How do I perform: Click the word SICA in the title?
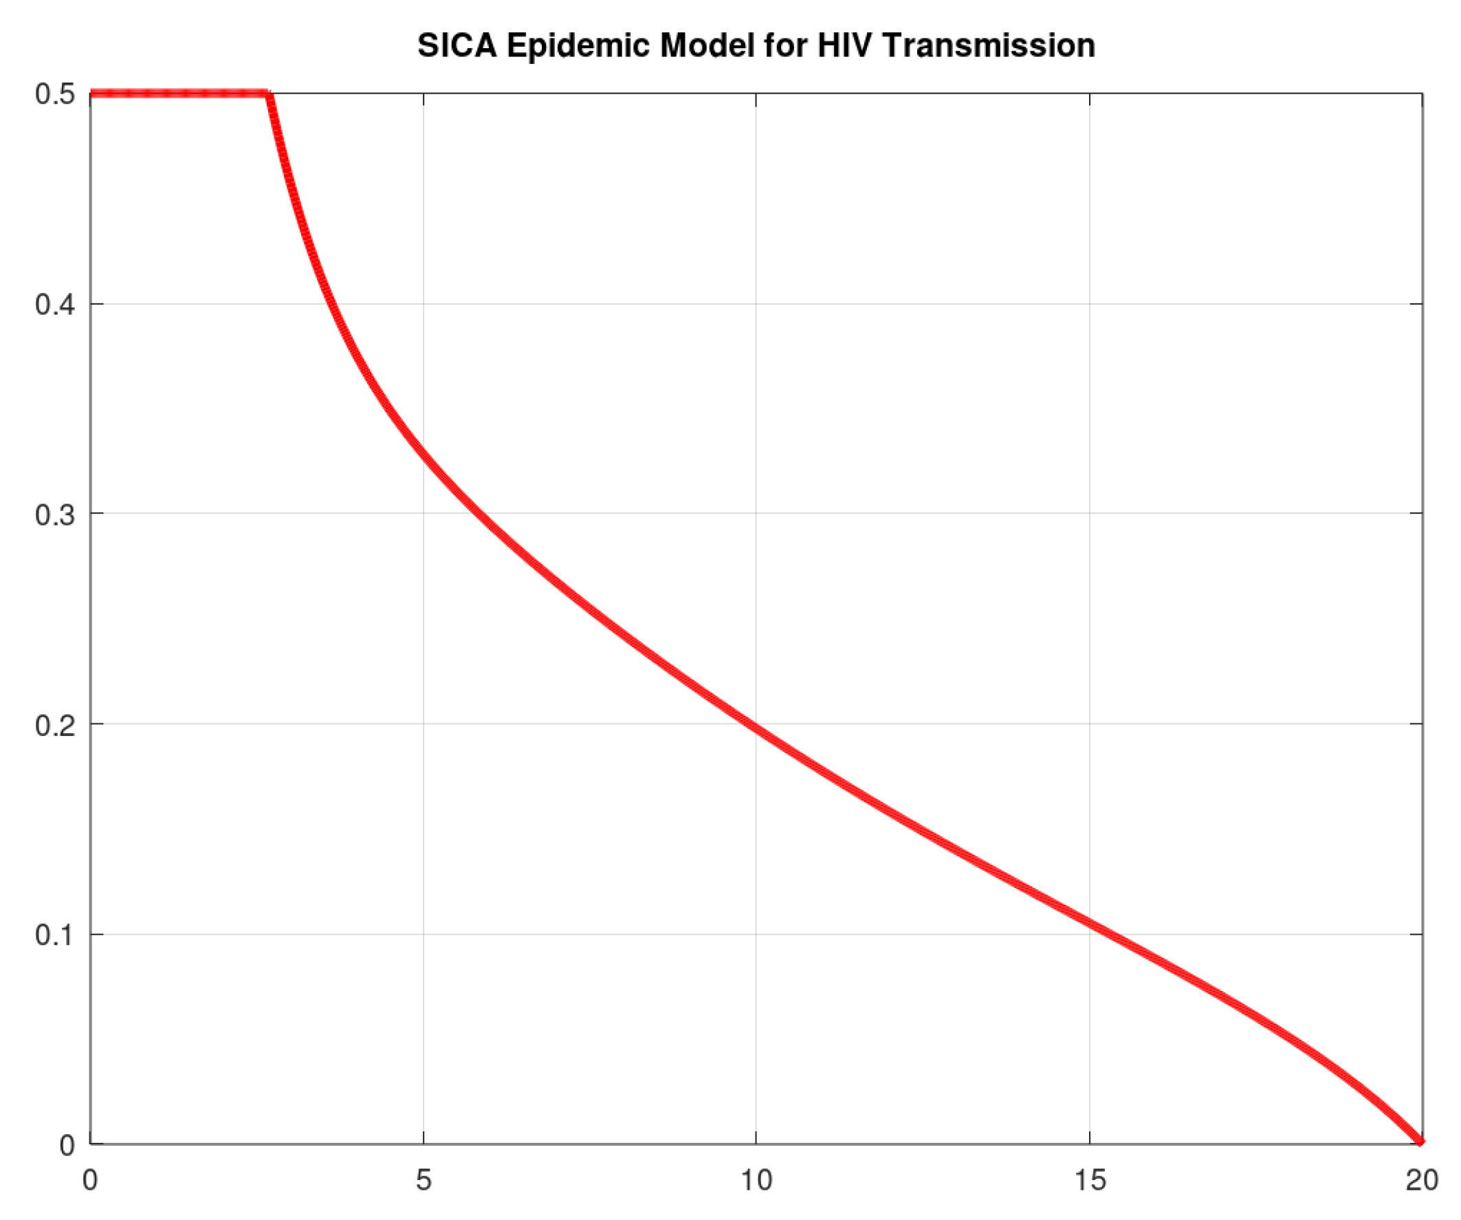tap(457, 46)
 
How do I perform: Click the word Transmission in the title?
tap(989, 46)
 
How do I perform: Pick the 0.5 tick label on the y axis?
tap(55, 94)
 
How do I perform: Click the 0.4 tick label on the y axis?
tap(55, 304)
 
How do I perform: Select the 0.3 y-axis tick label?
tap(55, 514)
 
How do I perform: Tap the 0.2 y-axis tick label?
tap(55, 724)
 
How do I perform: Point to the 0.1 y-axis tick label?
tap(55, 935)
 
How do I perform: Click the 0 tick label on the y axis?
tap(67, 1145)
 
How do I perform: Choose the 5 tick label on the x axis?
tap(424, 1180)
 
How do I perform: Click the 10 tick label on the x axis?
tap(756, 1180)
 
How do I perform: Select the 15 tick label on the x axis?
tap(1090, 1180)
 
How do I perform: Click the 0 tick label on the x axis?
tap(91, 1180)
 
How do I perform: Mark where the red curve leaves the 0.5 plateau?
tap(269, 94)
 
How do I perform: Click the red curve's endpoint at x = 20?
tap(1421, 1142)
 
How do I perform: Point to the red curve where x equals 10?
tap(756, 732)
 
